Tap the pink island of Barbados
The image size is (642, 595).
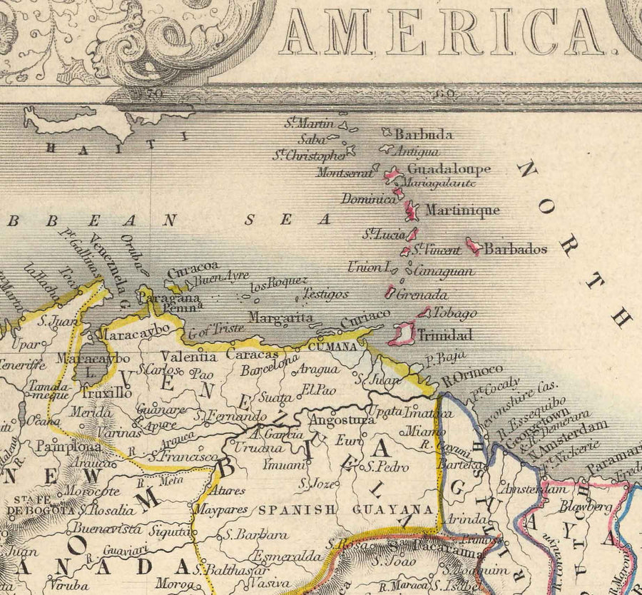[x=473, y=246]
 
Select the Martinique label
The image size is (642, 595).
[x=462, y=210]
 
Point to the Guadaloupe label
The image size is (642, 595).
[x=449, y=169]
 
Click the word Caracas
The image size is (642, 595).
[x=252, y=354]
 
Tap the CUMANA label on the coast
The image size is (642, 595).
[x=332, y=346]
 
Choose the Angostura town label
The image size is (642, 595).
[x=342, y=419]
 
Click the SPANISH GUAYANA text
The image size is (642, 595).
[x=346, y=509]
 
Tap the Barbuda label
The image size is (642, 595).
[x=424, y=134]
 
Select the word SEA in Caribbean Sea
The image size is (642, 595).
[x=287, y=220]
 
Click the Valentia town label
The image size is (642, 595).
[x=188, y=357]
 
